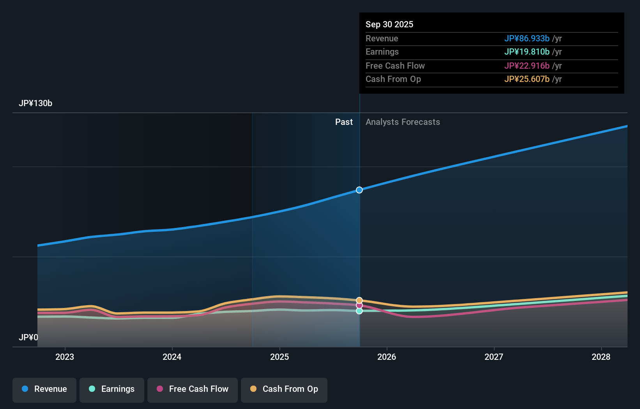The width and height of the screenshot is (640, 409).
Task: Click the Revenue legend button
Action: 44,389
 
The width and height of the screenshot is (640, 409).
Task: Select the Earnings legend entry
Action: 112,389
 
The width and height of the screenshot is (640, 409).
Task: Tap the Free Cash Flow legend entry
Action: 193,389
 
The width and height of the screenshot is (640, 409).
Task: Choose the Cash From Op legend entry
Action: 284,389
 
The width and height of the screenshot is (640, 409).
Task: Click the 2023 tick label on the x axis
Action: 65,357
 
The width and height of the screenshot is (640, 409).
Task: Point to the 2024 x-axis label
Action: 172,357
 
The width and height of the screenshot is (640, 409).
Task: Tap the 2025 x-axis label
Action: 279,357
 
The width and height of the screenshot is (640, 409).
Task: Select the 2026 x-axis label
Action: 387,357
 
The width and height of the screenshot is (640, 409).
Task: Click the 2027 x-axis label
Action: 494,357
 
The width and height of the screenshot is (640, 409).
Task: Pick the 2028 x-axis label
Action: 601,357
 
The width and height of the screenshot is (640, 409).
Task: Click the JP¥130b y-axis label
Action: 35,103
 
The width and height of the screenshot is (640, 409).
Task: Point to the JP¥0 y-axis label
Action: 28,337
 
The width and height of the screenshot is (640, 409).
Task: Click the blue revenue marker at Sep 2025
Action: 359,190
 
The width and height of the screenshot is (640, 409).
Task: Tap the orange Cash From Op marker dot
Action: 359,301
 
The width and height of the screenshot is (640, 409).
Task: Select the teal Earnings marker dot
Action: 359,311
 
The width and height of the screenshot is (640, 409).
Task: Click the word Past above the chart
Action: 344,122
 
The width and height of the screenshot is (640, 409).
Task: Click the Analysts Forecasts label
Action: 403,122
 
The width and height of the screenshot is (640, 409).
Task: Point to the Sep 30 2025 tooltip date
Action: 389,24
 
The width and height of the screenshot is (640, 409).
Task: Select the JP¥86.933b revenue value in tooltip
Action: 527,38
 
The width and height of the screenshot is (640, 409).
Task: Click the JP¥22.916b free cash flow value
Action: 527,66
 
